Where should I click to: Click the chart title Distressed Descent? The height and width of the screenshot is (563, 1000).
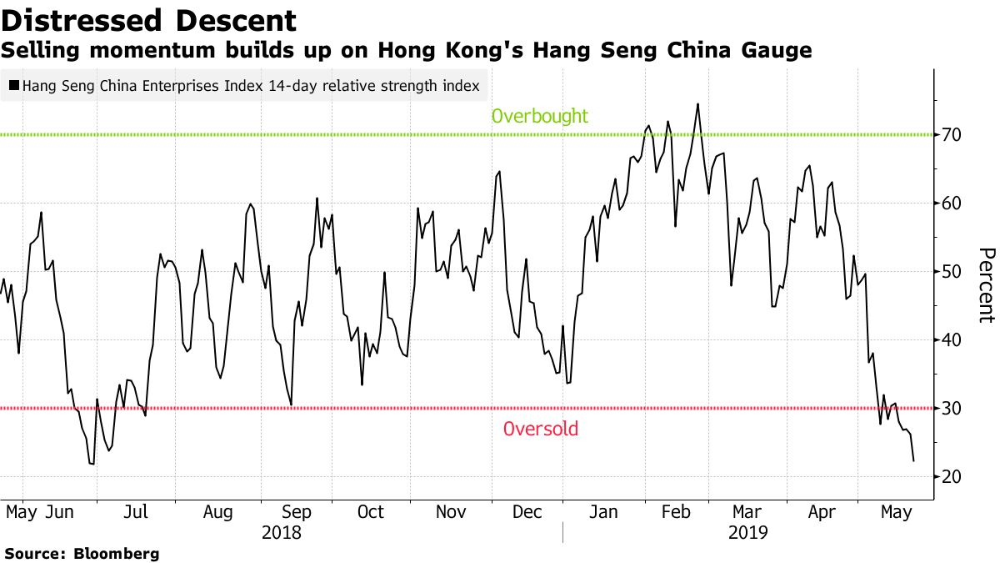[149, 20]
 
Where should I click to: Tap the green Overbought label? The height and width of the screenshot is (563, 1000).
[539, 116]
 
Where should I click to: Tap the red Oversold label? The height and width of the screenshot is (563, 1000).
[540, 430]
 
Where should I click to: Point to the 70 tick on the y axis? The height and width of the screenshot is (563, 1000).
[952, 135]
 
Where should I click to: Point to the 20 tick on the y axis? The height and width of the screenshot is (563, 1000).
[952, 477]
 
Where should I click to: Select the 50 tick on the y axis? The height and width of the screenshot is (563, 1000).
[952, 272]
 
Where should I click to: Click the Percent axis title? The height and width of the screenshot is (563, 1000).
[986, 285]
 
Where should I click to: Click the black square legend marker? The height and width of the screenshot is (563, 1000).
[14, 85]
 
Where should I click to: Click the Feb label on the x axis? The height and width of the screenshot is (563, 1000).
[676, 511]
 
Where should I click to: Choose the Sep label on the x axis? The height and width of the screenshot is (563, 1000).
[297, 511]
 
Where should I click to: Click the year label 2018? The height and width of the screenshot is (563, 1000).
[281, 532]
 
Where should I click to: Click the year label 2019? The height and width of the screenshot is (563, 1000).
[747, 532]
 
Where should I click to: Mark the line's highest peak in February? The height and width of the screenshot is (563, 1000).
[697, 104]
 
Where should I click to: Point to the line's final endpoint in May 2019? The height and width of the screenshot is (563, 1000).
[914, 460]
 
